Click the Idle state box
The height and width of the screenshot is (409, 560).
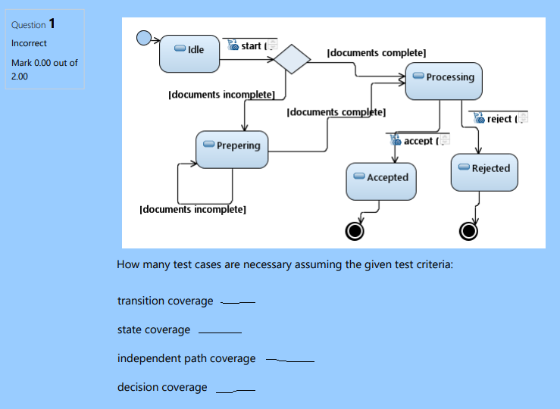[x=189, y=52]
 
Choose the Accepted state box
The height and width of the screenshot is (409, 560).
[x=381, y=181]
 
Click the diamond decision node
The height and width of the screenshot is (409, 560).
[x=293, y=58]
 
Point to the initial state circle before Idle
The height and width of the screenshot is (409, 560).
[x=144, y=38]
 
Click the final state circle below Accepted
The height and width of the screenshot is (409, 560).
[x=354, y=230]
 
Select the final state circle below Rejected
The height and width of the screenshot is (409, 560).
[x=469, y=230]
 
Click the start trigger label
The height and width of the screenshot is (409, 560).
[x=251, y=46]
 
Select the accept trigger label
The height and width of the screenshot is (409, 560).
[x=418, y=141]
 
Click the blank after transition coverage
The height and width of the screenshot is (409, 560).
[x=238, y=302]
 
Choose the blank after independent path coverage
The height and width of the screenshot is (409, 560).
[x=290, y=360]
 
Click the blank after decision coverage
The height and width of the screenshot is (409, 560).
[x=235, y=389]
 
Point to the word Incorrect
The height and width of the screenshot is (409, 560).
[x=29, y=43]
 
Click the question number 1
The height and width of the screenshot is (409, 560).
[x=52, y=23]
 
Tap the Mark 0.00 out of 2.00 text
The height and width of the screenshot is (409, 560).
[x=44, y=69]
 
